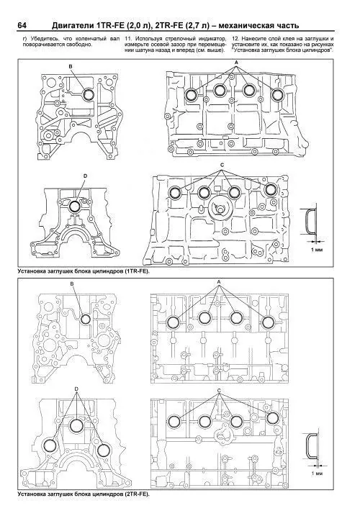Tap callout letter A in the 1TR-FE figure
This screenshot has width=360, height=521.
[x=235, y=64]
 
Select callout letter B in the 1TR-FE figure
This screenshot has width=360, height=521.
[x=71, y=66]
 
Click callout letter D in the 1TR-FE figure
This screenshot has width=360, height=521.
[x=85, y=176]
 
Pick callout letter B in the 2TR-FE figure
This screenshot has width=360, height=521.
[x=72, y=285]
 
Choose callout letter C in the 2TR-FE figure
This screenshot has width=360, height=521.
[x=220, y=389]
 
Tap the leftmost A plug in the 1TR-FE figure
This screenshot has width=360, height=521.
[x=192, y=95]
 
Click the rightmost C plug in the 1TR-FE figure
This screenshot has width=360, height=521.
[x=271, y=189]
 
